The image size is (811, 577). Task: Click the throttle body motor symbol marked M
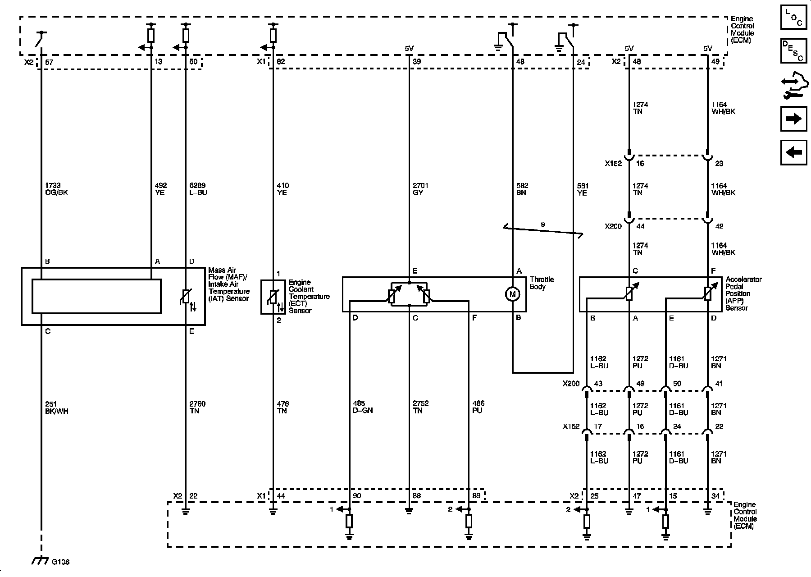tap(512, 294)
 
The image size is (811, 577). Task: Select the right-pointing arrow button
tap(793, 119)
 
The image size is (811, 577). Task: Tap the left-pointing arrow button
tap(793, 152)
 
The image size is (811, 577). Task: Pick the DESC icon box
tap(793, 50)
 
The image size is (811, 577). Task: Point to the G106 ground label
tap(60, 562)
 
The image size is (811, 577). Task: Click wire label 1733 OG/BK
tap(53, 189)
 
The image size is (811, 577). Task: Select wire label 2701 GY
tap(420, 189)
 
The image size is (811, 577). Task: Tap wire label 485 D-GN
tap(363, 407)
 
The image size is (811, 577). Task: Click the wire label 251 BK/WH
tap(56, 408)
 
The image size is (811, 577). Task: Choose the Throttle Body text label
tap(542, 283)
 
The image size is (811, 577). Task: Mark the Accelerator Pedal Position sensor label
tap(743, 293)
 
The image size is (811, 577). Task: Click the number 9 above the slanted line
tap(543, 224)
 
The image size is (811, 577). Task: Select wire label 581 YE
tap(583, 189)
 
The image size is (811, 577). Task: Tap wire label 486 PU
tap(478, 407)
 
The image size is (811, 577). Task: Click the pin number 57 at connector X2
tap(49, 62)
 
